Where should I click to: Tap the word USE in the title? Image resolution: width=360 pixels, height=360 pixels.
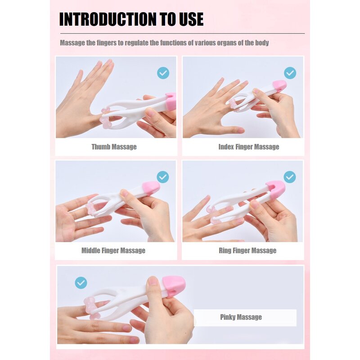189,19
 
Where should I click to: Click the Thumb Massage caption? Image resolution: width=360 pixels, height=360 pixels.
114,147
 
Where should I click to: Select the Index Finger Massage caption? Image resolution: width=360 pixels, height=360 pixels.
248,147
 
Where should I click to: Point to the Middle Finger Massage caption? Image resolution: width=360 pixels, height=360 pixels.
113,251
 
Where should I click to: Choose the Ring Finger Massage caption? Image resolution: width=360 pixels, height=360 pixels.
247,251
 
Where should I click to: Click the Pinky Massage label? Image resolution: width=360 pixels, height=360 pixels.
241,317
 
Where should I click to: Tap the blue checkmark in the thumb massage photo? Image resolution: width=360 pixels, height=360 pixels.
163,73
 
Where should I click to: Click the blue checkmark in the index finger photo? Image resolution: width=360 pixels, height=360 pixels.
290,73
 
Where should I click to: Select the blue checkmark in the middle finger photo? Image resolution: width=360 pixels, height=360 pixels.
163,177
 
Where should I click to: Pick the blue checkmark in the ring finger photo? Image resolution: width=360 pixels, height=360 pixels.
290,177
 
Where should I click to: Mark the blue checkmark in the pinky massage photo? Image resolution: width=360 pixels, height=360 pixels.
81,283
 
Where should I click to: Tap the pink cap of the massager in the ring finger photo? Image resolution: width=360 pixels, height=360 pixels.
275,189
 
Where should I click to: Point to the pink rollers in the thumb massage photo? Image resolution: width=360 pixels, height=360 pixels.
106,117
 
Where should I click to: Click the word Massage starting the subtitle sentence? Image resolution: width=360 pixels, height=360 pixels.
72,43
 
